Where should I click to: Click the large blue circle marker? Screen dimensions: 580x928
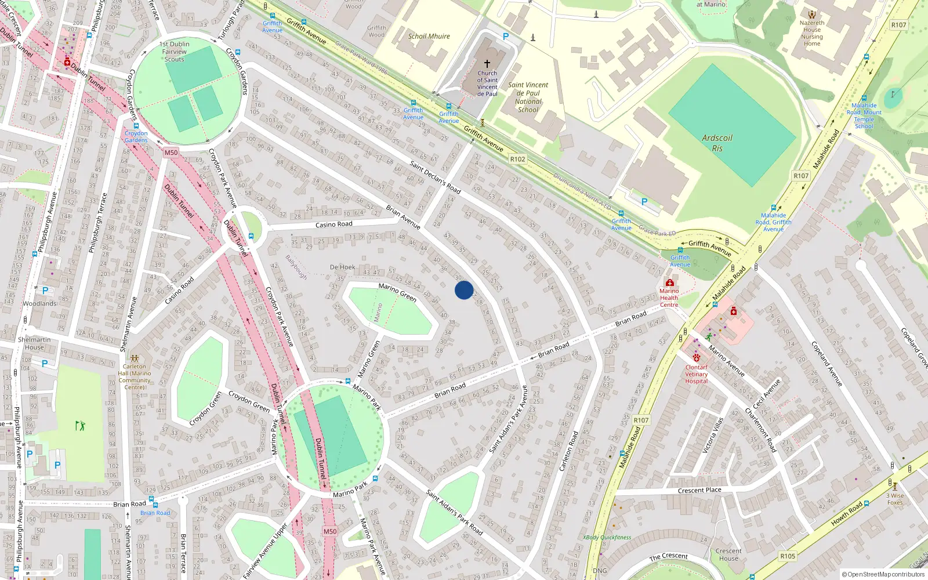(x=464, y=290)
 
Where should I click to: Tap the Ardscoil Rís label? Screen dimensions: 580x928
(x=717, y=143)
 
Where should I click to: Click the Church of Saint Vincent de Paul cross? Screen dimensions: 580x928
(x=487, y=63)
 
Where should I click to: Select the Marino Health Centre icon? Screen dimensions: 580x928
(x=669, y=282)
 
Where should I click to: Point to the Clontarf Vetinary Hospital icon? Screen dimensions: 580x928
(x=697, y=358)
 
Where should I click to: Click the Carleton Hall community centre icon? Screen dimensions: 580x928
(x=135, y=358)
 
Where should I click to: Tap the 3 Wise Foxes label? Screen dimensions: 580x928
(x=895, y=499)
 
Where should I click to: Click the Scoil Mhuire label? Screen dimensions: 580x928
(x=429, y=36)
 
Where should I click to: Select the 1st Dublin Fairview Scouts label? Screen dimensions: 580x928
(x=174, y=52)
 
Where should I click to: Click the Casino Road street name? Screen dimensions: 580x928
(x=333, y=224)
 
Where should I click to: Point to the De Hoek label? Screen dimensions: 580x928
(x=342, y=267)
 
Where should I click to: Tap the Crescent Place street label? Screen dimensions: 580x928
(x=699, y=490)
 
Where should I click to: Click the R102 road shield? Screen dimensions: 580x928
(x=517, y=159)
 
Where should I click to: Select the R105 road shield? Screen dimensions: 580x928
(x=787, y=556)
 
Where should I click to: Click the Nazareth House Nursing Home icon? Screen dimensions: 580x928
(x=811, y=14)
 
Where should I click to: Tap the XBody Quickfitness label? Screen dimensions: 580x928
(x=607, y=537)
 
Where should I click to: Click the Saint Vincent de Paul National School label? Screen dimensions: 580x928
(x=528, y=97)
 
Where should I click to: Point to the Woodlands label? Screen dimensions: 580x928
(x=40, y=303)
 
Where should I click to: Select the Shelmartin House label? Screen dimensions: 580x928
(x=34, y=343)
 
